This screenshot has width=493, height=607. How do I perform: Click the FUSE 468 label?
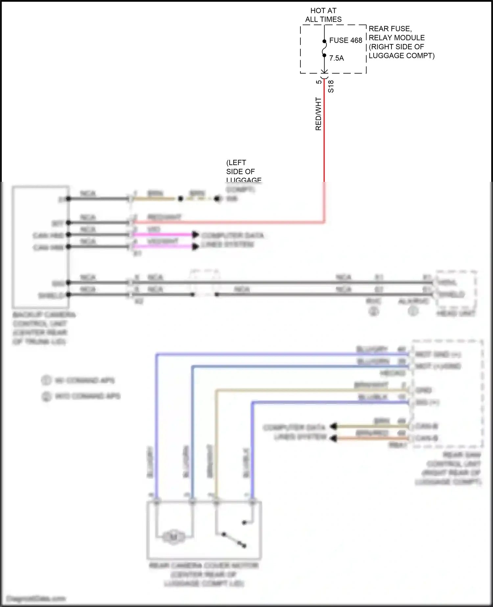point(345,40)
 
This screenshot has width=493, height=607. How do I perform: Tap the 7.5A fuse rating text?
point(337,58)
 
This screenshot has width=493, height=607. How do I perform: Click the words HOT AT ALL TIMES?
point(323,15)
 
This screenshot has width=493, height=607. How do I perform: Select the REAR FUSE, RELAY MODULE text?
point(397,33)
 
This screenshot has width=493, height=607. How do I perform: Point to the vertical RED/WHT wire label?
point(318,114)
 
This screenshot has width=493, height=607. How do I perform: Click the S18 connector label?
point(331,86)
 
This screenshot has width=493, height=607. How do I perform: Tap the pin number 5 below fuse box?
point(318,82)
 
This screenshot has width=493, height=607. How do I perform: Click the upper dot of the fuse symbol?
point(324,41)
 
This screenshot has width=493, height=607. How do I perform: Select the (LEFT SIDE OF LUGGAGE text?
point(244,171)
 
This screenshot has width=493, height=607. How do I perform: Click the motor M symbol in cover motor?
point(174,537)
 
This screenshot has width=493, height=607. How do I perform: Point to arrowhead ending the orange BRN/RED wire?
point(334,438)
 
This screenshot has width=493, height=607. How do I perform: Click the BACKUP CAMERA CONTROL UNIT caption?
point(44,328)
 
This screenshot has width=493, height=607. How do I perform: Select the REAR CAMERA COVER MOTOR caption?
point(203,574)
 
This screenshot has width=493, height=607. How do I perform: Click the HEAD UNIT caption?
point(456,313)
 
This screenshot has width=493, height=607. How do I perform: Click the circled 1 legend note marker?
point(46,380)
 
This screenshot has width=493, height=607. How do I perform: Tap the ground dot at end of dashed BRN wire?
point(218,199)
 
